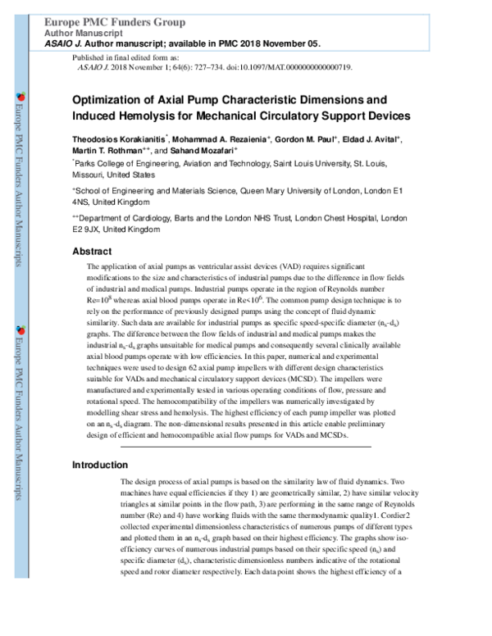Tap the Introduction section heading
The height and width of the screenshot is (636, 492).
pos(102,465)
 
